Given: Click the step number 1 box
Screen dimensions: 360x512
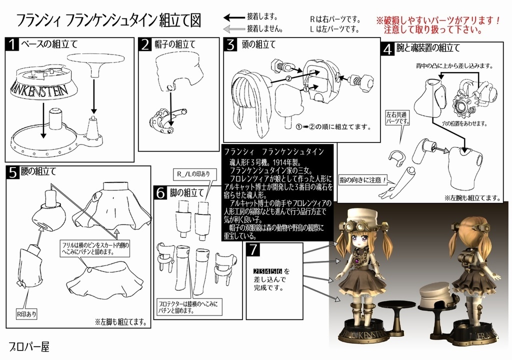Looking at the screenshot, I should click(12, 44).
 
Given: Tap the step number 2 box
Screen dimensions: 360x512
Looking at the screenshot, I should click(144, 45).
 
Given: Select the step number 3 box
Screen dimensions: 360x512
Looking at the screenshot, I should click(230, 44).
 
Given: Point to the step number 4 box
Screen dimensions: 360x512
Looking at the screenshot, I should click(386, 49).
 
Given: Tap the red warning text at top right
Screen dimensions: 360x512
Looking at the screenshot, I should click(439, 25).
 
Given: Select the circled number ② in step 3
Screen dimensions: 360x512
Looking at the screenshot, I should click(288, 78).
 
